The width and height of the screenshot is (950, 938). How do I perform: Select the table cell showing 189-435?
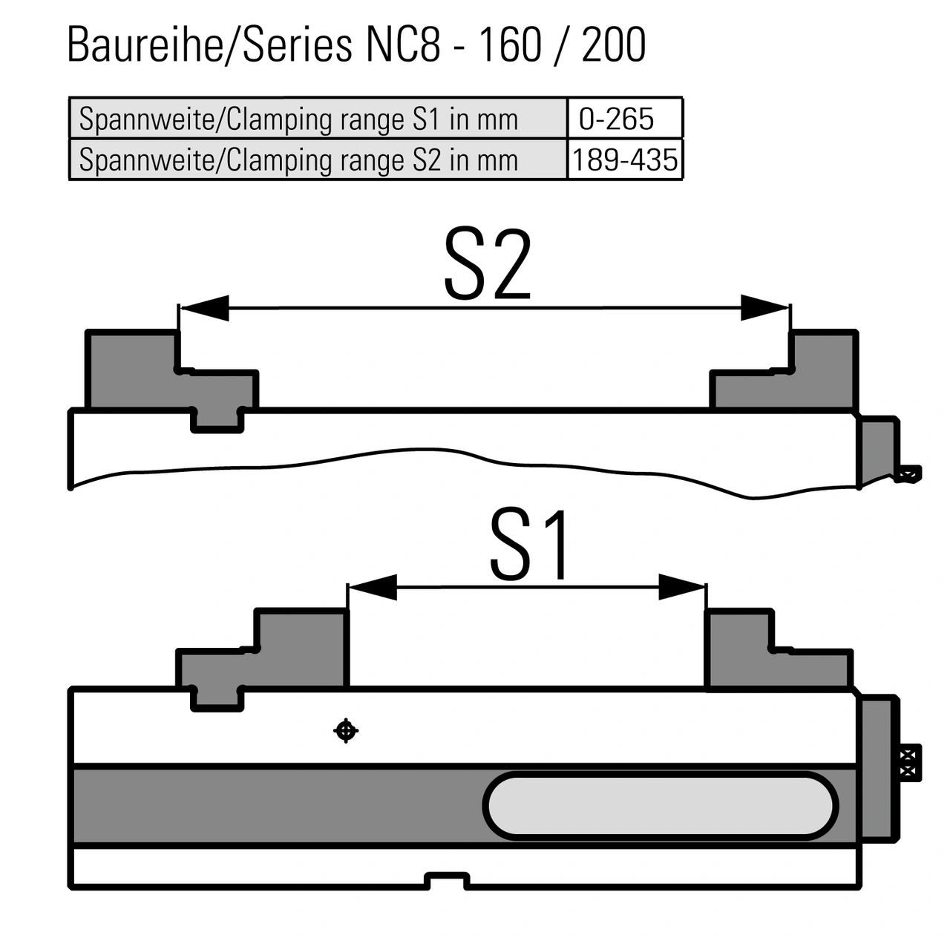(625, 160)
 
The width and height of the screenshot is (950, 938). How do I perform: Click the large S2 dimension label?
(488, 266)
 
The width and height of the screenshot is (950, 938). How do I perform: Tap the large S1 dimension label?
(530, 545)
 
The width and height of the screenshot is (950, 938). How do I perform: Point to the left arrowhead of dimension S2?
(205, 308)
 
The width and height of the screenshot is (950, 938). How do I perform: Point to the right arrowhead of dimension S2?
(764, 308)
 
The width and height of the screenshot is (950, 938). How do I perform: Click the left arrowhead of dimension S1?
(373, 587)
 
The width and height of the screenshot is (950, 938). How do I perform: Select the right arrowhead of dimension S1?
(681, 587)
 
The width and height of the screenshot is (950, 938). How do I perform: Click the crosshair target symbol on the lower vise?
(345, 731)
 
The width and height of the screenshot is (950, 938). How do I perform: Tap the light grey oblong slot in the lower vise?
(661, 806)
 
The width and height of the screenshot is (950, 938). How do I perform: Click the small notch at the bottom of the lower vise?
(448, 881)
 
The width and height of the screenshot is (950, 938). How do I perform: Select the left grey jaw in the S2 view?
(134, 371)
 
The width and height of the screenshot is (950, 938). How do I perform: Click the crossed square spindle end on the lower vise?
(909, 762)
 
